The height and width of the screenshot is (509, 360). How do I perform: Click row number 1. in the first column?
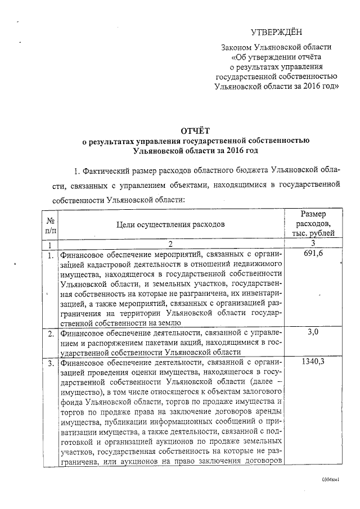(51, 255)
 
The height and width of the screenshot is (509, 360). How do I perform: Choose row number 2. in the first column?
(51, 333)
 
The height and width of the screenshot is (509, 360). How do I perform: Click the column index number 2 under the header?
(170, 245)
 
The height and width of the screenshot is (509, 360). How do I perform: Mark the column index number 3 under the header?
(313, 245)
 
